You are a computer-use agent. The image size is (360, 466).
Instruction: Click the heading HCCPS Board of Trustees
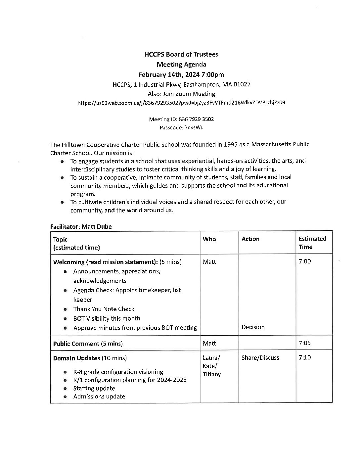[181, 54]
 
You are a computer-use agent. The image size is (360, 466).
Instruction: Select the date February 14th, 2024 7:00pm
[181, 74]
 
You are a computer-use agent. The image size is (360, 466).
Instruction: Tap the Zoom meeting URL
[181, 103]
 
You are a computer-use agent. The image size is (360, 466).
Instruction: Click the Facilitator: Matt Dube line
[81, 227]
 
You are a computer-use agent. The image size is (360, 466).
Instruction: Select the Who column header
[209, 239]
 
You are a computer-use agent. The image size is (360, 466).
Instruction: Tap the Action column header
[250, 239]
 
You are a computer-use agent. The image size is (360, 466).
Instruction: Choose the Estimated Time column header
[312, 243]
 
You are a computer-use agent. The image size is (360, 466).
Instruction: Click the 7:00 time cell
[305, 261]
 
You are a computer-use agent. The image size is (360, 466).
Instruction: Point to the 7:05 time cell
[305, 343]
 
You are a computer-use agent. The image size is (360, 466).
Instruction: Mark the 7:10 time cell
[305, 358]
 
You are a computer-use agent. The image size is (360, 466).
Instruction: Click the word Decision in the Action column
[253, 327]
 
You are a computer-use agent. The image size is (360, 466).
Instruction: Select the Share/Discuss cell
[260, 358]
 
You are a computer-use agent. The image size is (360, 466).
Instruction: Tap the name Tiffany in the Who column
[212, 374]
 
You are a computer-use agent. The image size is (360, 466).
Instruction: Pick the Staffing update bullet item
[94, 388]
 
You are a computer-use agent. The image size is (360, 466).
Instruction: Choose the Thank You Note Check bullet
[104, 309]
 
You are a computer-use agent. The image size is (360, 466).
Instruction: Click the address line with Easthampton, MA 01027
[181, 84]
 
